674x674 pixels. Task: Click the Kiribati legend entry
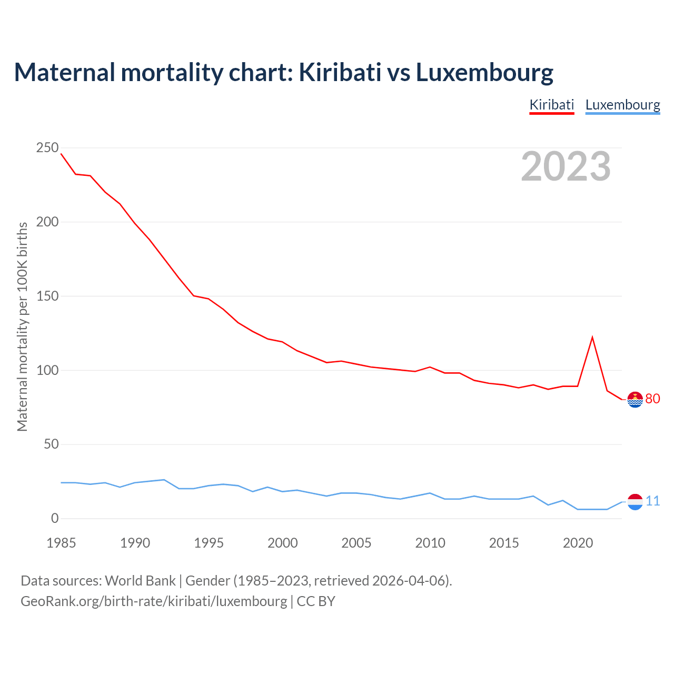(551, 105)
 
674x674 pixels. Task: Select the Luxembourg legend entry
(622, 105)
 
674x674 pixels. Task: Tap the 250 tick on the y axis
(47, 148)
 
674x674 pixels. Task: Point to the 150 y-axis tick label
(47, 296)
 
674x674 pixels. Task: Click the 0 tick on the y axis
(55, 519)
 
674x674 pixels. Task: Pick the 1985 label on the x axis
(61, 543)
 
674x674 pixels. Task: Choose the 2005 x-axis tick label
(356, 543)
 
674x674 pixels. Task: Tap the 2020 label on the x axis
(578, 543)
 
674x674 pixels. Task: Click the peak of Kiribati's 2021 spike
(592, 337)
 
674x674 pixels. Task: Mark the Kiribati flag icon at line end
(636, 400)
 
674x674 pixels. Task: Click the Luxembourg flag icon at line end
(636, 502)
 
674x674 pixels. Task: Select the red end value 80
(652, 399)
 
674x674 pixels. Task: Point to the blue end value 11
(652, 501)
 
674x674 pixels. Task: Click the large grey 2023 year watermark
(566, 166)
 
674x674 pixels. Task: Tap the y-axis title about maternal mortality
(23, 326)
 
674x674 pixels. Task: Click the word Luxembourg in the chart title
(484, 72)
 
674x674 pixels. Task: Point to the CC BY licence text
(316, 601)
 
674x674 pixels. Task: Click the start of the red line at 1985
(62, 154)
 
